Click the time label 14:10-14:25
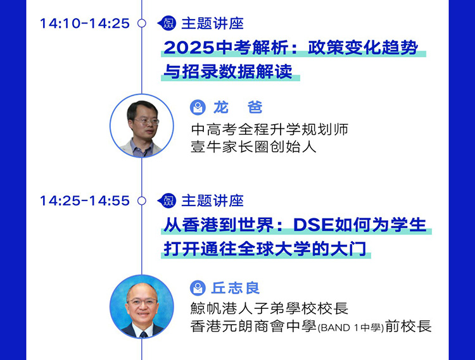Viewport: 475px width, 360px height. pos(85,23)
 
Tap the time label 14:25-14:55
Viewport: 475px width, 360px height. pos(85,201)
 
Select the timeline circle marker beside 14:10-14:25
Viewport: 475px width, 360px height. pos(141,23)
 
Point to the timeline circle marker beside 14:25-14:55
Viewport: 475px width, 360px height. pos(141,201)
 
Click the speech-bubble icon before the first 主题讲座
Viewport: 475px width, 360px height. pos(167,23)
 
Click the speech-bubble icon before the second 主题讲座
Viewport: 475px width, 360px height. pos(167,201)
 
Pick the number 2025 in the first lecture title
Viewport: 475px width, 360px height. pos(189,48)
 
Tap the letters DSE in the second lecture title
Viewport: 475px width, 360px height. pos(313,225)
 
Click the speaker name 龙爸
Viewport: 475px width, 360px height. pos(237,108)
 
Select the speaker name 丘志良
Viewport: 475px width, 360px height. pos(236,288)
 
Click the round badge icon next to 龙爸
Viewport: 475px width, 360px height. pos(198,108)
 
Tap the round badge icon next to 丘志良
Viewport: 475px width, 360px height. pos(198,288)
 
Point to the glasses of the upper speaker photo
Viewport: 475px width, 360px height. pos(147,121)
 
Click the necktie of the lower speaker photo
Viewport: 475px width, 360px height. pos(144,334)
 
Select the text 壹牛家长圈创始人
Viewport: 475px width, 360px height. pos(253,147)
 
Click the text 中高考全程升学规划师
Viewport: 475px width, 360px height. pos(270,130)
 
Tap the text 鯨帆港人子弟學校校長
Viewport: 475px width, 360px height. pos(269,309)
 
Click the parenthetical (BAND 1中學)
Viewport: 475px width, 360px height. pos(350,328)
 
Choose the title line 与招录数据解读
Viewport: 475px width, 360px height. pos(228,71)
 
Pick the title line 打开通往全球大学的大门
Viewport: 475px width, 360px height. pos(265,249)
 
